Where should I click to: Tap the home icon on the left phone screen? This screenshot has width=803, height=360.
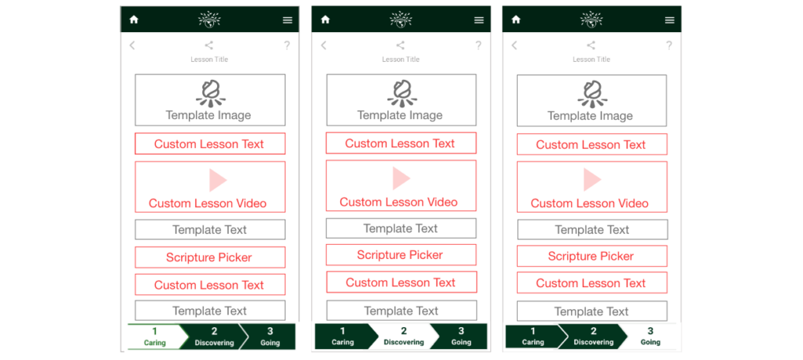(x=133, y=20)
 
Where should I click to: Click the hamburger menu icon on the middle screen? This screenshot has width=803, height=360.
(x=479, y=20)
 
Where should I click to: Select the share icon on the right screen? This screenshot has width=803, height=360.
(x=591, y=45)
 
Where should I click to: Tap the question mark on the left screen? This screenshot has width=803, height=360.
(x=287, y=45)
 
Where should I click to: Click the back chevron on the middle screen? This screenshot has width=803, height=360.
(x=323, y=45)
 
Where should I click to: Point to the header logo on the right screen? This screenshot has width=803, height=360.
(x=591, y=20)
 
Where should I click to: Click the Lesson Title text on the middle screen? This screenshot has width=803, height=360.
(x=401, y=60)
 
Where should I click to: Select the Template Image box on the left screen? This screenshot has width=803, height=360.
(x=210, y=100)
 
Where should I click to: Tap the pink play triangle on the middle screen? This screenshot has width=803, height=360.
(x=401, y=178)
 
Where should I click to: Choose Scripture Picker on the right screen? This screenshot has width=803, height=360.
(x=592, y=256)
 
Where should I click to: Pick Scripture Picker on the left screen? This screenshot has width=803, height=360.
(x=210, y=257)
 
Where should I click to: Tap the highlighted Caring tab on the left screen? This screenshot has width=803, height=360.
(x=154, y=337)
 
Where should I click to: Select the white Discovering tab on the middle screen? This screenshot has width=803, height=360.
(x=404, y=336)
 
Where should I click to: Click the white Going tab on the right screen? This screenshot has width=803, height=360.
(x=650, y=336)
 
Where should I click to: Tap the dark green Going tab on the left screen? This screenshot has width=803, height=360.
(x=270, y=337)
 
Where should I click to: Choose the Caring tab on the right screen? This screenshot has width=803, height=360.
(x=532, y=336)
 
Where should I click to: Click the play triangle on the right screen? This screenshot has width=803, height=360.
(x=592, y=180)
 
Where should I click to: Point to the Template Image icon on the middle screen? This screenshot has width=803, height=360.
(x=401, y=93)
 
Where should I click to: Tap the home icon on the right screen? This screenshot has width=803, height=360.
(x=516, y=20)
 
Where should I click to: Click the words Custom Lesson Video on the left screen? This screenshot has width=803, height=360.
(x=207, y=203)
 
